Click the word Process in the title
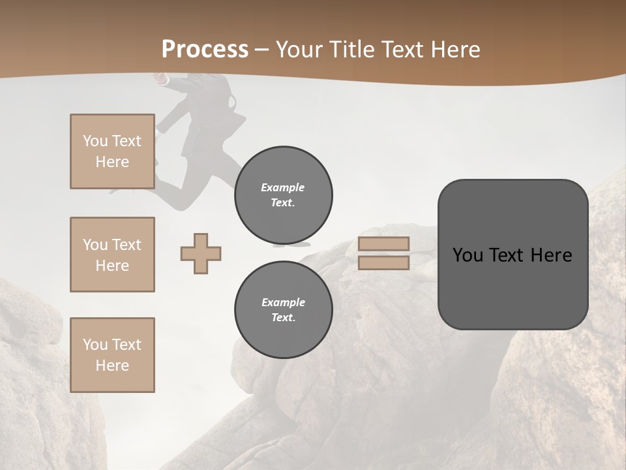coord(205,50)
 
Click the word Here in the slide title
coord(454,50)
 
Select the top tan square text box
coord(112,151)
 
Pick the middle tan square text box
coord(112,255)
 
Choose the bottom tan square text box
coord(112,355)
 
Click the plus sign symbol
coord(201,253)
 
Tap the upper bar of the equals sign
coord(383,244)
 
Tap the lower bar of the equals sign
coord(383,263)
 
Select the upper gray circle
coord(283,195)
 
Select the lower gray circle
coord(283,310)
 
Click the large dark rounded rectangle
coord(513,255)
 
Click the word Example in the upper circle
coord(283,187)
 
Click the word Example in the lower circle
coord(283,302)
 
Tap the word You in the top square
coord(95,141)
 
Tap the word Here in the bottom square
coord(112,366)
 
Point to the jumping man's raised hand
coord(158,78)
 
